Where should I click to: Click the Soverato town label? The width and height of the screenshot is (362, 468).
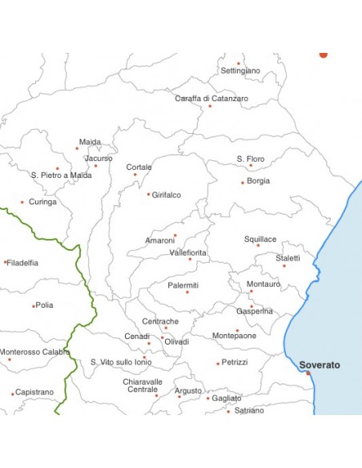point(320,365)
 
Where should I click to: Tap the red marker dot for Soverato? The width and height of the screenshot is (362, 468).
point(308,373)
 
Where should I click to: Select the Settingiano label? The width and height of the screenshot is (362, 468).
point(240,71)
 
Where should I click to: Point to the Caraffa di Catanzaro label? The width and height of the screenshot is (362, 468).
point(211,99)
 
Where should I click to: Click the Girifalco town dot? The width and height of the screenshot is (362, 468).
point(148,194)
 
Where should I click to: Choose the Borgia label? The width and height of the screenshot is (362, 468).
point(259,181)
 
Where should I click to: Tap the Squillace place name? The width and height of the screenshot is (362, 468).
point(260,240)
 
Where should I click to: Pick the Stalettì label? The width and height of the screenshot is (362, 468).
point(288,258)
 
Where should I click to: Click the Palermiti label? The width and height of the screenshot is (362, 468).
point(183,285)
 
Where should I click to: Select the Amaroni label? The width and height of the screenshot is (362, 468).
point(159,240)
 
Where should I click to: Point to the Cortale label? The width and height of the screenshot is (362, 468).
point(139,167)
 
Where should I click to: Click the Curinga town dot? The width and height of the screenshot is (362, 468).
point(22,202)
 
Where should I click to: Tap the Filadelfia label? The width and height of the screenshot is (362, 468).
point(22,263)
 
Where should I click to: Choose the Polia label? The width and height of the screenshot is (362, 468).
point(45,305)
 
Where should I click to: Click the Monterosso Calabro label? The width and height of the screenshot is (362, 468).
point(34,352)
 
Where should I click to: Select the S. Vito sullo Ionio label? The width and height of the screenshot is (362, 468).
point(120,362)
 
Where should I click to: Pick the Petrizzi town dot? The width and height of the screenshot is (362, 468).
point(217,363)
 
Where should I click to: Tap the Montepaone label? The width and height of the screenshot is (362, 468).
point(235,337)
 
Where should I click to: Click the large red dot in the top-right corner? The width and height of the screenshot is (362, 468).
point(324,54)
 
